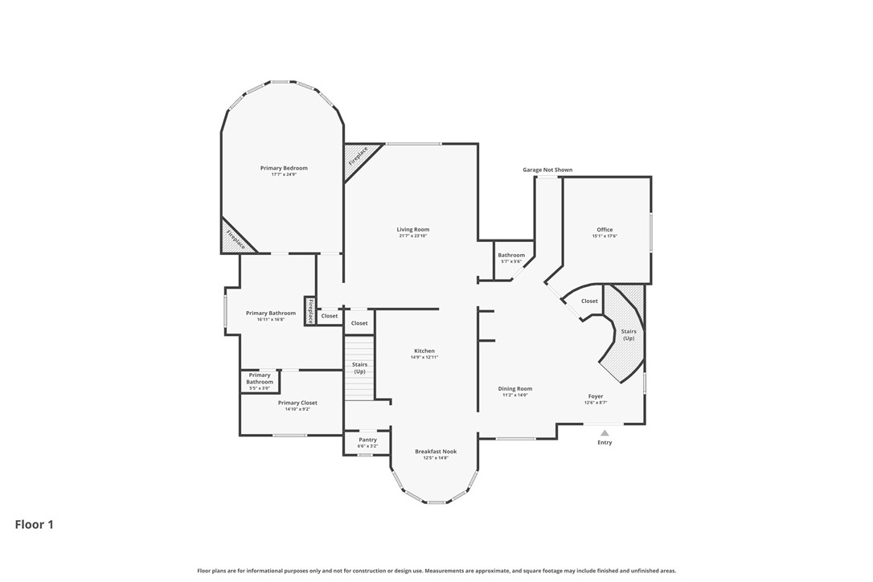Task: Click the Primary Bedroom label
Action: pos(284,168)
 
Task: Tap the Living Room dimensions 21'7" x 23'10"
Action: pos(412,236)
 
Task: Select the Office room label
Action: pos(605,230)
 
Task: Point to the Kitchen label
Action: pos(424,350)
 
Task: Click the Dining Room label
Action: pos(515,388)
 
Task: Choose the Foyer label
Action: pos(595,396)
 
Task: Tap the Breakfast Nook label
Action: pos(436,452)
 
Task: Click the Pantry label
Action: pos(367,440)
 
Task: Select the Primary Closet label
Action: pos(297,403)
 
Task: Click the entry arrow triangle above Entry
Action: pos(605,432)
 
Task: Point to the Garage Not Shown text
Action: pos(547,170)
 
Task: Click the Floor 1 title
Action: pos(35,524)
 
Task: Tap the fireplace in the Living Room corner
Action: pos(357,157)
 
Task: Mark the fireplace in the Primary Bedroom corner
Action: pos(235,239)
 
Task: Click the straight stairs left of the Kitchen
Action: pos(359,370)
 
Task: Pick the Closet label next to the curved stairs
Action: pos(589,301)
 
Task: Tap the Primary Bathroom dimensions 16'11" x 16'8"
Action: pos(271,319)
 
